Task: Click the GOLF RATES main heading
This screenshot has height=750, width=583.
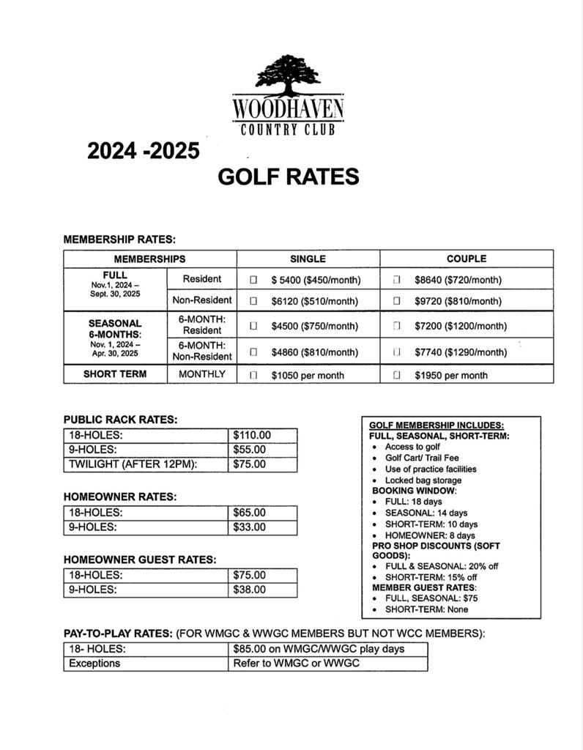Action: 289,177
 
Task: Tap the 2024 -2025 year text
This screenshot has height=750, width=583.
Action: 144,150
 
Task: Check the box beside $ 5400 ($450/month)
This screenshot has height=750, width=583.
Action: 253,280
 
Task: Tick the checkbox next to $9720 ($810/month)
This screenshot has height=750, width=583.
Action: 396,300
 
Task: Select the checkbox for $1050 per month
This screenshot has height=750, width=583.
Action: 253,375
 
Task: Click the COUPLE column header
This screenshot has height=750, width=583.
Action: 466,259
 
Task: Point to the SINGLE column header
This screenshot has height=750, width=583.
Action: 308,259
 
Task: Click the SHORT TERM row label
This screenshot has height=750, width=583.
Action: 115,374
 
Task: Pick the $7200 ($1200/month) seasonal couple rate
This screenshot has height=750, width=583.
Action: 460,326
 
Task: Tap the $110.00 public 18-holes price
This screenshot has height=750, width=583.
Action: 251,435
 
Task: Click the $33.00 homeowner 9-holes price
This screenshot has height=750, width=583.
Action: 249,527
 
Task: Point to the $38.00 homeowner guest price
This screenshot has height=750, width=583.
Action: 249,590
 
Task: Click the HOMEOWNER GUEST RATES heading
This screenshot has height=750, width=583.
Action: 140,560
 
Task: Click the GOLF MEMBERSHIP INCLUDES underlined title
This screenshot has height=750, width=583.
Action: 436,426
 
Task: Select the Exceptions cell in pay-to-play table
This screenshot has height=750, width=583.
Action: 94,664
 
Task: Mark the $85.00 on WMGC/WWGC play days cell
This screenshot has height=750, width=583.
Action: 319,649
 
